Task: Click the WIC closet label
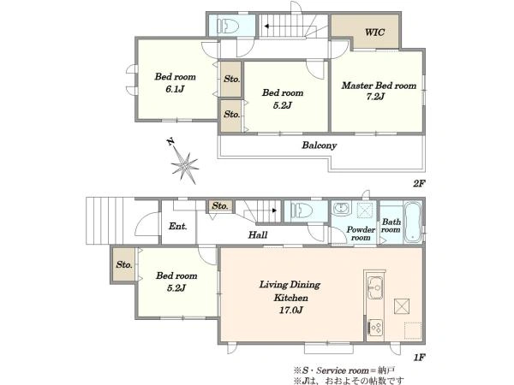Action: click(x=374, y=33)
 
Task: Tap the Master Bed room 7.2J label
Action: click(x=379, y=91)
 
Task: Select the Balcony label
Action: click(x=319, y=145)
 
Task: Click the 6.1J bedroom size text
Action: click(x=175, y=89)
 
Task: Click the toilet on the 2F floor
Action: click(x=227, y=25)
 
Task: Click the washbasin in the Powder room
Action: click(x=342, y=208)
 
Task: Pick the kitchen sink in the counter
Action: click(x=375, y=287)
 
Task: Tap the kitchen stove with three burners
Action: click(x=375, y=327)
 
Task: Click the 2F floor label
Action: click(x=419, y=183)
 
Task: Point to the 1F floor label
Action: click(x=419, y=357)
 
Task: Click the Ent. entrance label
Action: click(x=177, y=226)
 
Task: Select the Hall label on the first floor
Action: click(x=258, y=234)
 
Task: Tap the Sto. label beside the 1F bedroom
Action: click(x=124, y=264)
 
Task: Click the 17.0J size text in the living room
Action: click(x=290, y=310)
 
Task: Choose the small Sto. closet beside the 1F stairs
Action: click(x=220, y=206)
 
